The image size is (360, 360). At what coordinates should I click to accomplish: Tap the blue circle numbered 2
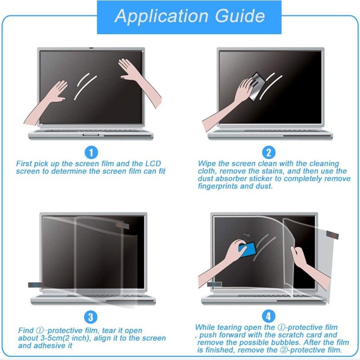269,153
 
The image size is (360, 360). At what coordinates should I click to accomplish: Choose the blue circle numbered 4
269,317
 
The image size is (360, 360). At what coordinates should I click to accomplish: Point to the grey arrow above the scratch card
246,234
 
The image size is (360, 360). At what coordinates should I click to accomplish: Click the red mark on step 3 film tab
119,224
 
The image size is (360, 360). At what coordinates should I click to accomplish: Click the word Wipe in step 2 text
207,164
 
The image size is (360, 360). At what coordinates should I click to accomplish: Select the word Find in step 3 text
26,331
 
